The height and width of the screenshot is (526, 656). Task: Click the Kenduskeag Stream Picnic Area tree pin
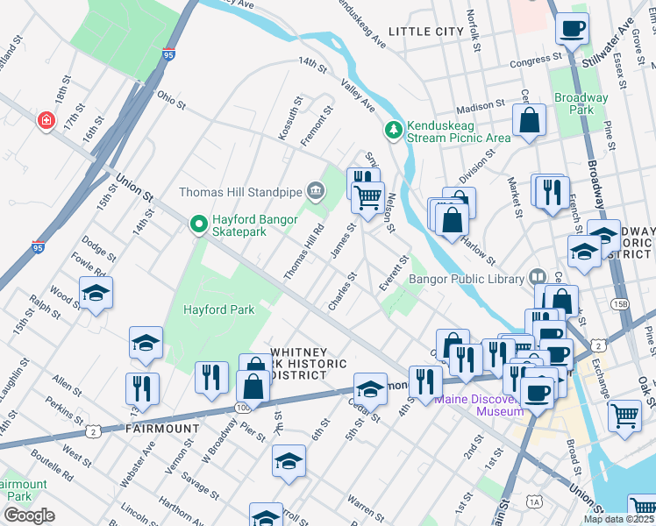394,130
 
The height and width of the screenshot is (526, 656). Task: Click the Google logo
29,515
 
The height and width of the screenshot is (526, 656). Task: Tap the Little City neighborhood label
425,32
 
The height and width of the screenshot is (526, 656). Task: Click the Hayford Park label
218,309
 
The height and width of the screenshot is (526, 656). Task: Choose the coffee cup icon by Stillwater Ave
572,29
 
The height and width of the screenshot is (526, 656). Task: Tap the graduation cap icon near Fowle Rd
96,294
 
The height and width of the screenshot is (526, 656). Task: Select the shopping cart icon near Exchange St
624,416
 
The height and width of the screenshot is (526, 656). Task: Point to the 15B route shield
621,304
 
